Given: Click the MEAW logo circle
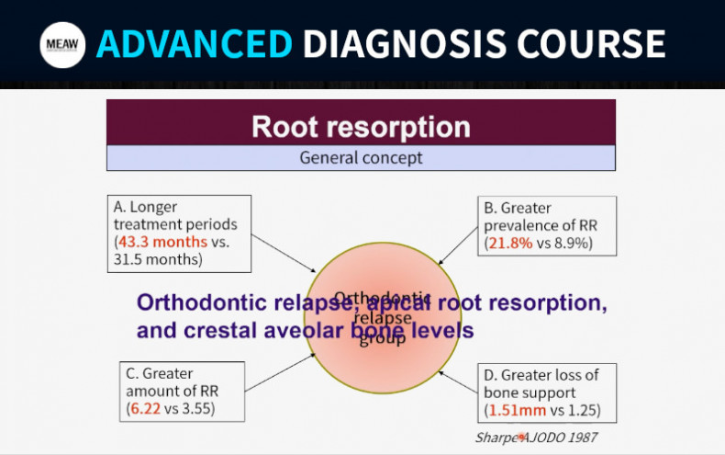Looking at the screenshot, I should (63, 44).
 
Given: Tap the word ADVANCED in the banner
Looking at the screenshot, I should (195, 44).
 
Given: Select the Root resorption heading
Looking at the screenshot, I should (361, 126).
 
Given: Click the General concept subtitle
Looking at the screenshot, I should (361, 157).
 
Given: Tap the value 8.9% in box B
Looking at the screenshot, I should (569, 243).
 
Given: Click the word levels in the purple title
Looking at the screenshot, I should (435, 329).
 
